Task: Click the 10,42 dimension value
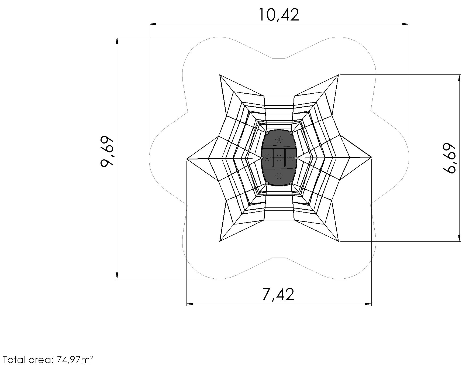click(x=279, y=15)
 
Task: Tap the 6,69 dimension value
click(x=449, y=158)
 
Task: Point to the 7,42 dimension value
click(x=278, y=294)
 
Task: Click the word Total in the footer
click(x=12, y=360)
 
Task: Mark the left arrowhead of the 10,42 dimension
click(x=152, y=24)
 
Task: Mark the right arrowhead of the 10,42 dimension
click(x=406, y=24)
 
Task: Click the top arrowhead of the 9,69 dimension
click(x=117, y=40)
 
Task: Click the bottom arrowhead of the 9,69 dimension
click(x=117, y=275)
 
